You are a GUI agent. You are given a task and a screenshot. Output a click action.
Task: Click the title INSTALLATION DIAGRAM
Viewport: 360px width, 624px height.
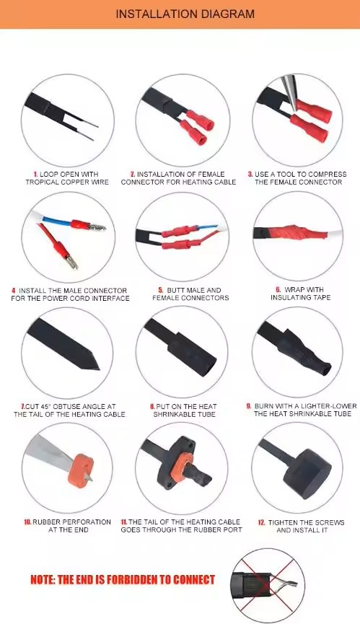185,14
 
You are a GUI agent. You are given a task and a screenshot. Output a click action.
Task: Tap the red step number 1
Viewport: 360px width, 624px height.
35,175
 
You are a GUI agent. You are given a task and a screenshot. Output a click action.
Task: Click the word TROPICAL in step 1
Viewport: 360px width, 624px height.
41,183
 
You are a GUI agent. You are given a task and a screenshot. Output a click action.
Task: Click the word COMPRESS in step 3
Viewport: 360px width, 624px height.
327,175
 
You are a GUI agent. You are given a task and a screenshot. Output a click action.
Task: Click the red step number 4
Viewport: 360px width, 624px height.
14,291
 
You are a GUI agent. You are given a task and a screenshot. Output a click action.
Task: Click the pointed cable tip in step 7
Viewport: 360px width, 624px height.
97,368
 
